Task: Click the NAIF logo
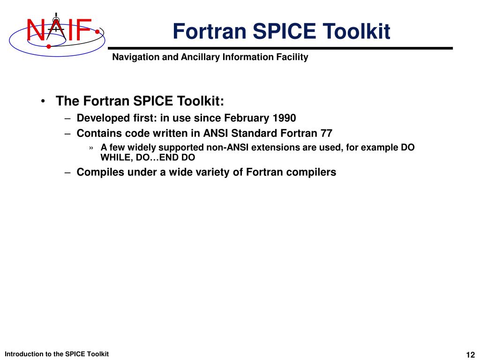pyautogui.click(x=56, y=30)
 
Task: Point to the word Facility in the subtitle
pyautogui.click(x=292, y=57)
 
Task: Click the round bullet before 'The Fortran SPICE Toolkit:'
pyautogui.click(x=43, y=102)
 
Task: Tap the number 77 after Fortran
pyautogui.click(x=326, y=133)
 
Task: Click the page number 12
pyautogui.click(x=471, y=354)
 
